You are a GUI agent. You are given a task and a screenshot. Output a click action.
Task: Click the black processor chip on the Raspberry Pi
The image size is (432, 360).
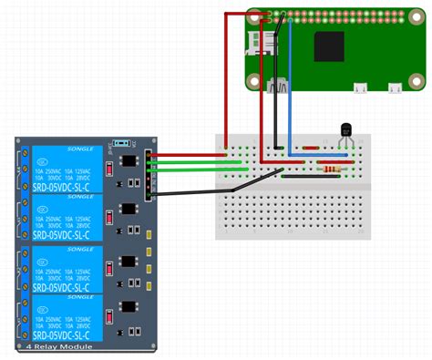coord(329,46)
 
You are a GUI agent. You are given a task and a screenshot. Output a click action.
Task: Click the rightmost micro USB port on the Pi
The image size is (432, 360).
coord(395,88)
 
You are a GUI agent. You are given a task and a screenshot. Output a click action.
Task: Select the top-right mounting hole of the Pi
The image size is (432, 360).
coord(416,18)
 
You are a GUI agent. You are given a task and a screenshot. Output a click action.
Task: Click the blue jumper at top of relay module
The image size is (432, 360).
coord(119,144)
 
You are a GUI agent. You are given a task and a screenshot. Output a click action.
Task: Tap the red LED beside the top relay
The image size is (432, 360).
coord(108,170)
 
